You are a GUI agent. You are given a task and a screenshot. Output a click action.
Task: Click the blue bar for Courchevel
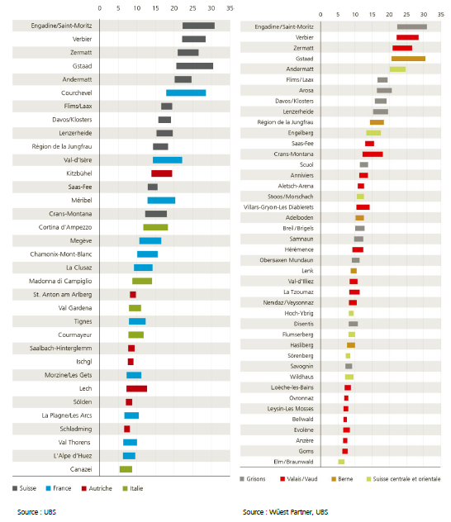click(x=186, y=93)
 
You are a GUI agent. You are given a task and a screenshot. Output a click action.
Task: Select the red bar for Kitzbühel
click(x=161, y=173)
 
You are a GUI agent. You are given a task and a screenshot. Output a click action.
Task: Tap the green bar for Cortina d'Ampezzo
click(x=155, y=227)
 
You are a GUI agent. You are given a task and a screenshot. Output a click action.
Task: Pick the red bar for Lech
click(x=136, y=388)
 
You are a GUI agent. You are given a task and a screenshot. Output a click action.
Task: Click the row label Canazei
click(x=81, y=469)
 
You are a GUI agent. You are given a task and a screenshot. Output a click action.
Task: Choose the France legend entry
click(x=59, y=488)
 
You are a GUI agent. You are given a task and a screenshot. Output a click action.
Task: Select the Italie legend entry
click(x=133, y=488)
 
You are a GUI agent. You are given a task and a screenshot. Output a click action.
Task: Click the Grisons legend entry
click(x=252, y=479)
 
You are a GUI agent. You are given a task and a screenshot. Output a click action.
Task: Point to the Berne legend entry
click(x=342, y=479)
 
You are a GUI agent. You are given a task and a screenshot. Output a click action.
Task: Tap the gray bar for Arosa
click(x=384, y=90)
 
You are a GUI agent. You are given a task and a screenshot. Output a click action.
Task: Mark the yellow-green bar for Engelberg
click(x=373, y=133)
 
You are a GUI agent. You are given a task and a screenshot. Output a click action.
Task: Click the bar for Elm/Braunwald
click(x=341, y=462)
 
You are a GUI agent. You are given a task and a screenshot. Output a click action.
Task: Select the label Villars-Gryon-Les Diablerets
click(x=278, y=207)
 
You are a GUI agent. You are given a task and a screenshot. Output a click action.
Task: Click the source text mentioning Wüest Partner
click(x=285, y=512)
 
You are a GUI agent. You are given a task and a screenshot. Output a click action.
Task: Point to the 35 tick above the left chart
click(x=230, y=8)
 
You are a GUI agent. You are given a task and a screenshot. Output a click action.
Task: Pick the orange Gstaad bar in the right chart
click(x=408, y=59)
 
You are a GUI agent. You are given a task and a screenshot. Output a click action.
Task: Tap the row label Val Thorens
click(x=74, y=442)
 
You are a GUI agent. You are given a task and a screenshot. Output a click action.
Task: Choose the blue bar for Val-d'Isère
click(x=168, y=159)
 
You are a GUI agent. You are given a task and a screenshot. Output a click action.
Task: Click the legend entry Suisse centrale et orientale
click(x=403, y=479)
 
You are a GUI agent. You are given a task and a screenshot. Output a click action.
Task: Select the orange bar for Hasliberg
click(x=351, y=345)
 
